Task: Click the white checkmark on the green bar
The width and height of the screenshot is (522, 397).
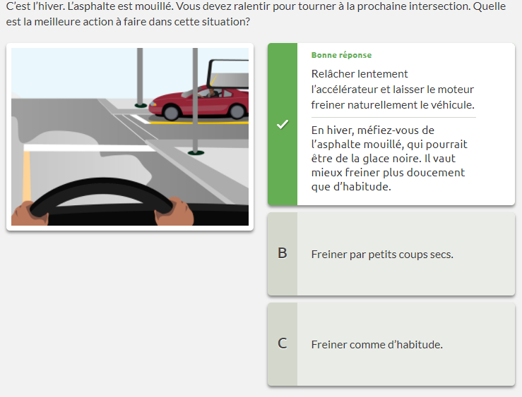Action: [283, 124]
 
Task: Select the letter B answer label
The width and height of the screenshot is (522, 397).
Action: [283, 253]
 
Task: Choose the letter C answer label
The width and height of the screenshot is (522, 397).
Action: [283, 343]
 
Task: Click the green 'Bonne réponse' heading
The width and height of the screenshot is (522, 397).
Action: [341, 55]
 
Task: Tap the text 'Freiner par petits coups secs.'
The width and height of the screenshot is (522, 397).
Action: [382, 255]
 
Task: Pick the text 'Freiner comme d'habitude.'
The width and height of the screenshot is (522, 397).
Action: [377, 345]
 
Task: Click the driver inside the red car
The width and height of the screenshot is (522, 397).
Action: [210, 92]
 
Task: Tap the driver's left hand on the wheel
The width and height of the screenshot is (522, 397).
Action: [30, 213]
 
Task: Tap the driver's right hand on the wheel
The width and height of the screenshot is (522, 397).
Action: [174, 212]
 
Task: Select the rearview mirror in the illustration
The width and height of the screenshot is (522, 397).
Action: [228, 74]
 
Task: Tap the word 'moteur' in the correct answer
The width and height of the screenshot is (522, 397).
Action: [456, 90]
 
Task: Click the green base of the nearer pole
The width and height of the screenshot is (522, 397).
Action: [196, 153]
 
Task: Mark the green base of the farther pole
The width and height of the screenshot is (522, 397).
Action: [141, 106]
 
